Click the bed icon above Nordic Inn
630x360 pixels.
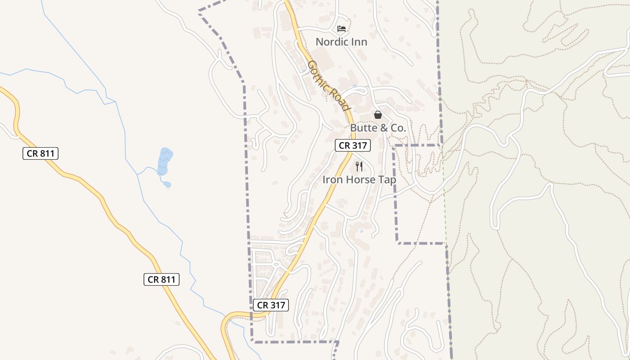click(342, 29)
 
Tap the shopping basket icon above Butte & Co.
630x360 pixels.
click(378, 115)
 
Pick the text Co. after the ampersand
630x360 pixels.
click(398, 128)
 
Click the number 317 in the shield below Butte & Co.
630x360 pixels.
click(360, 145)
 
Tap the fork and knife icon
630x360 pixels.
click(359, 166)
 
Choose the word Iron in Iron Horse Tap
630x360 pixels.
click(332, 180)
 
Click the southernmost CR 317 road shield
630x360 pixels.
click(270, 305)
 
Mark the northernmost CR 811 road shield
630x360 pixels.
click(40, 153)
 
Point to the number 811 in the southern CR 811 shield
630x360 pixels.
click(167, 279)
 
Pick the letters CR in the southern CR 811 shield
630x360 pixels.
click(153, 279)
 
